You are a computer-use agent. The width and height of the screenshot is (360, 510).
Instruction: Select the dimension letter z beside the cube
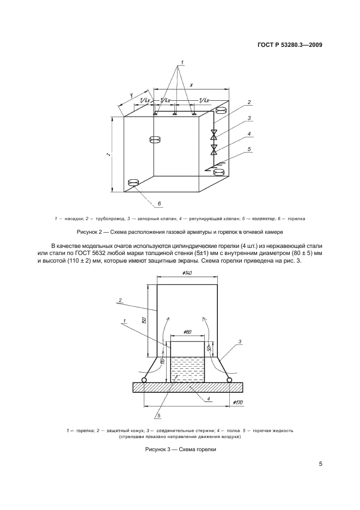tap(109, 156)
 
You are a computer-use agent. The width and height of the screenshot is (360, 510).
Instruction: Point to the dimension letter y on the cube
tap(131, 96)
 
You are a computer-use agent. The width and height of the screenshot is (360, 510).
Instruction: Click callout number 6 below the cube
tap(160, 203)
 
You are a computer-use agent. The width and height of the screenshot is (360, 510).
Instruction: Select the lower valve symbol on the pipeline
tap(215, 148)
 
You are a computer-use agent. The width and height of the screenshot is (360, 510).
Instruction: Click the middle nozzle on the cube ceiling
tap(175, 114)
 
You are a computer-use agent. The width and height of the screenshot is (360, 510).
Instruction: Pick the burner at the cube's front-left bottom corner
tap(133, 183)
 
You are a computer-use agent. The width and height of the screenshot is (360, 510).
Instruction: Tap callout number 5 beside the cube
tap(249, 149)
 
